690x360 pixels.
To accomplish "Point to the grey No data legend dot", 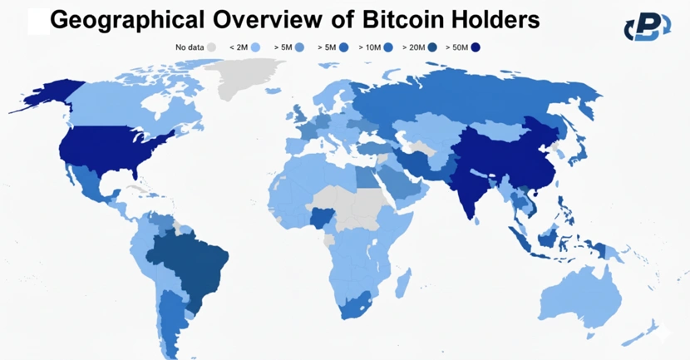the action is click(x=211, y=47).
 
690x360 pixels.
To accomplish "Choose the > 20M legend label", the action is click(x=412, y=47).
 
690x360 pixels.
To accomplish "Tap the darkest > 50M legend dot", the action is click(x=475, y=47).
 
